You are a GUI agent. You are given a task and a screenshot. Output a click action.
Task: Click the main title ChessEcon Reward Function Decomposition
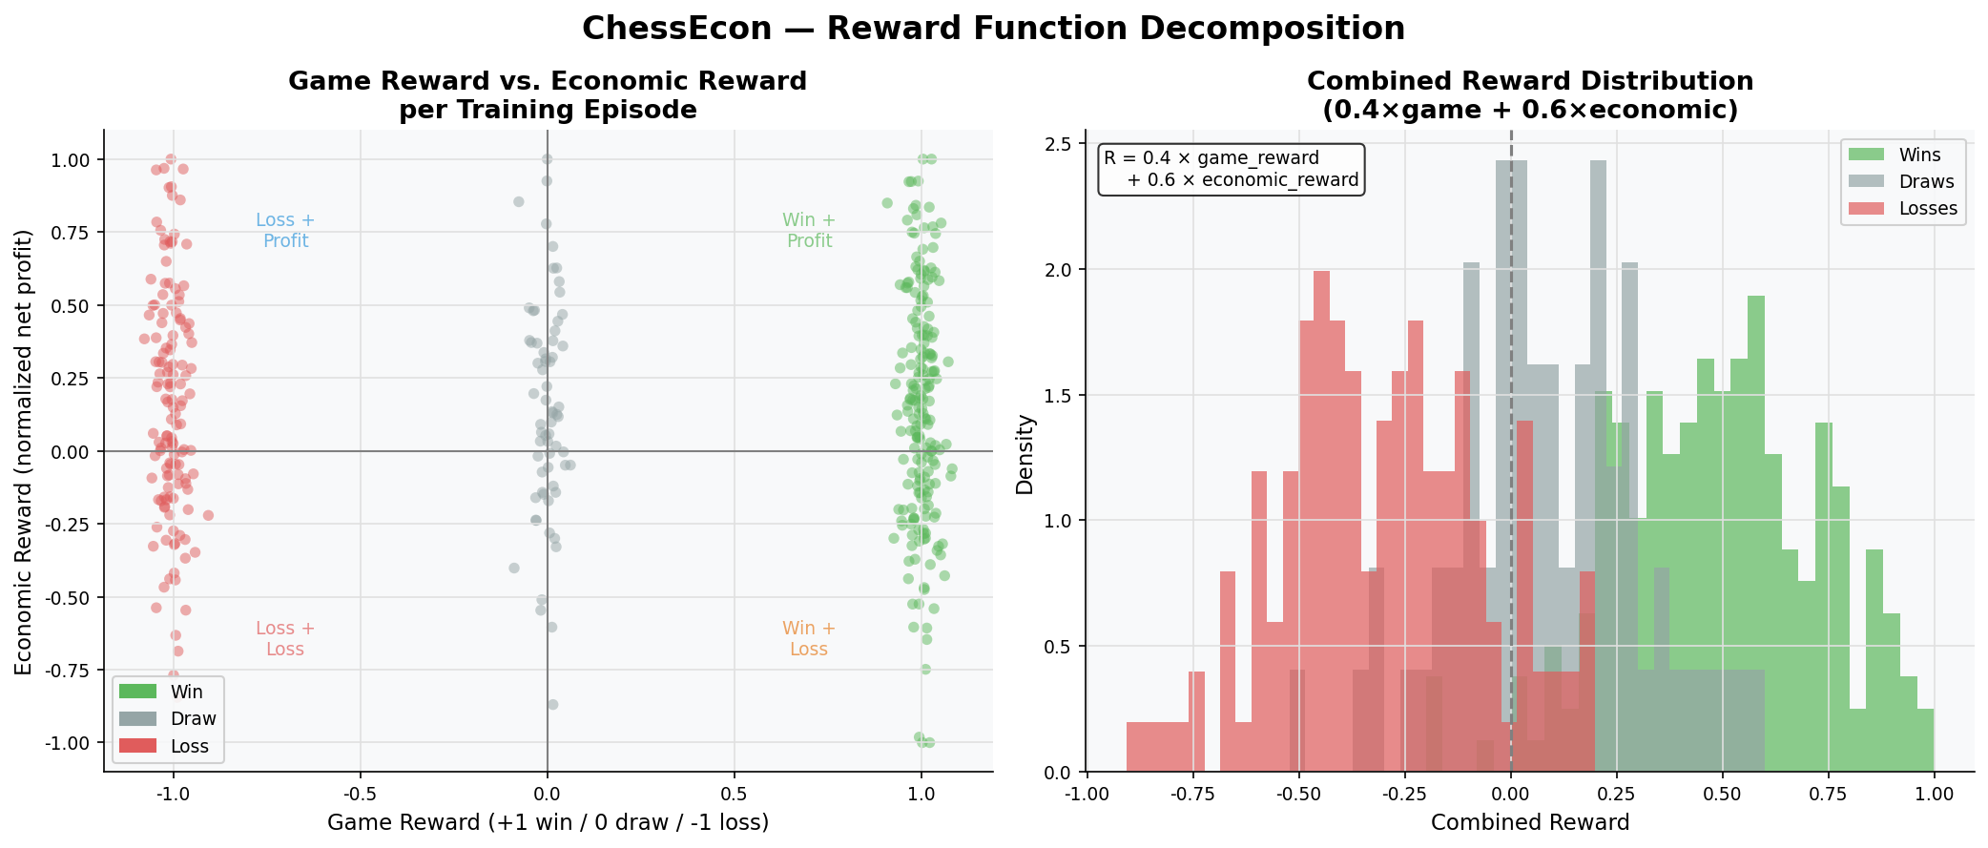[x=993, y=29]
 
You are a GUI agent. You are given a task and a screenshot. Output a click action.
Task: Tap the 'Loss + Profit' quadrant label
[x=285, y=231]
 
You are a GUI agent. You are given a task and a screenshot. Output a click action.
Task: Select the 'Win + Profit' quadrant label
[x=809, y=231]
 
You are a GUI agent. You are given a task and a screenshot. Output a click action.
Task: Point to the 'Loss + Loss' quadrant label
[x=285, y=639]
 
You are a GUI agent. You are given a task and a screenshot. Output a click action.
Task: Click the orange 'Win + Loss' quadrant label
[x=809, y=639]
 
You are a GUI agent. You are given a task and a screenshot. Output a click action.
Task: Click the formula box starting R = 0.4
[x=1231, y=170]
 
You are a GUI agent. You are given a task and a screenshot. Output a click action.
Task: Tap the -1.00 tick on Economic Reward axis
[x=67, y=743]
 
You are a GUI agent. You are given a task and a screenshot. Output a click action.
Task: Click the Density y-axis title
[x=1025, y=454]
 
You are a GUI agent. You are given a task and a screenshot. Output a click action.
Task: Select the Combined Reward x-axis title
[x=1529, y=822]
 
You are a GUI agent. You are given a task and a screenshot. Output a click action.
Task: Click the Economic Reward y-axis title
[x=24, y=452]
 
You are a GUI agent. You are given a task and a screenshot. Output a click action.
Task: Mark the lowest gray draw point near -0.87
[x=552, y=705]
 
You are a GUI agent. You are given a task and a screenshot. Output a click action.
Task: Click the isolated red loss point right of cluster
[x=208, y=515]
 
